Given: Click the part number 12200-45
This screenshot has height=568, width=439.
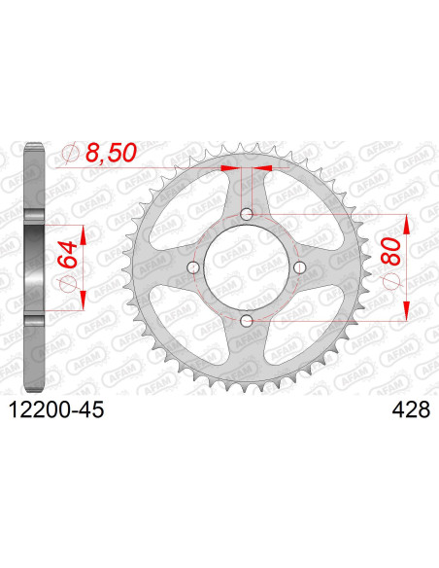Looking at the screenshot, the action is pos(56,410).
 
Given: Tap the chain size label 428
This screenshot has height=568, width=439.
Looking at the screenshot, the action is pos(411,410).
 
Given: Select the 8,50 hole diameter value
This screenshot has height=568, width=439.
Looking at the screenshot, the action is pos(111,153).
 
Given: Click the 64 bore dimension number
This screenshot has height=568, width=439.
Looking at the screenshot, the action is pos(68,254).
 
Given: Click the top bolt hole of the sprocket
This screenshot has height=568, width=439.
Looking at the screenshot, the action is pos(247,214).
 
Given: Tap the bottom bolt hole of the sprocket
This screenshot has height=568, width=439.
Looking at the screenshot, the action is pos(247,320).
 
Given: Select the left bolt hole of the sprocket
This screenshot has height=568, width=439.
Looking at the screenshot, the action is pos(193,267).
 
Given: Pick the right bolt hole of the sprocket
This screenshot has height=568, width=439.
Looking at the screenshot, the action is pos(300,267).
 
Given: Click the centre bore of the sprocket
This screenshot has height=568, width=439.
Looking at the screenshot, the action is pos(247,267).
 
